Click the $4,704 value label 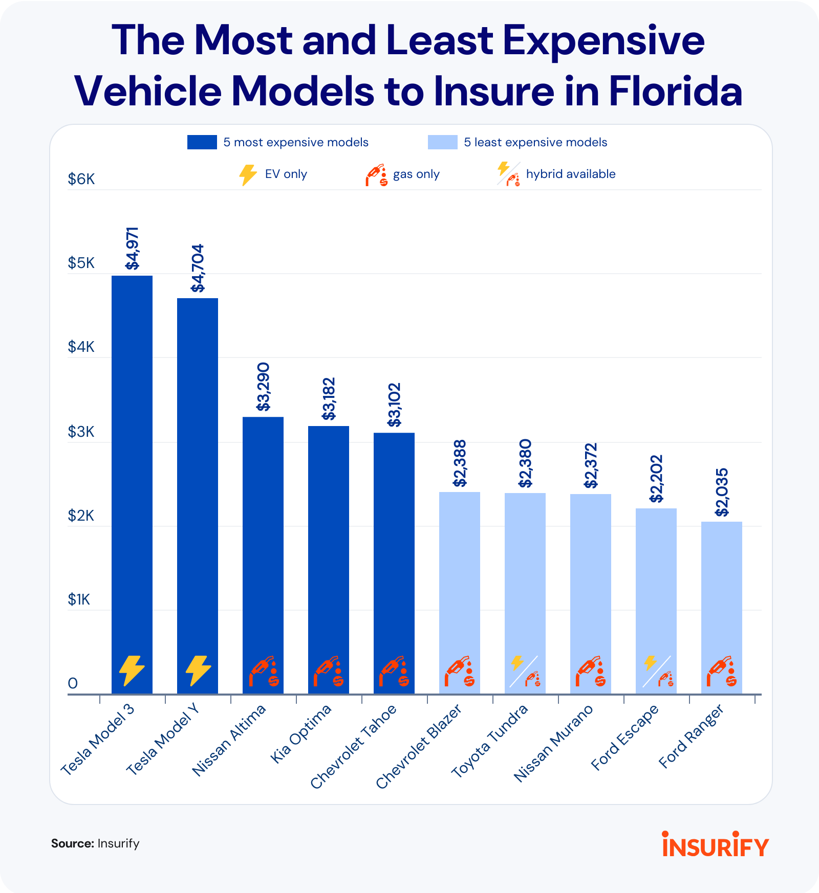tap(198, 268)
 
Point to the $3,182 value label tap(329, 399)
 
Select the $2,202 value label tap(656, 479)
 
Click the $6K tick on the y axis tap(81, 180)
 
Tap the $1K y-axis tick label tap(79, 599)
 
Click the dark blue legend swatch tap(202, 142)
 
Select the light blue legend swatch tap(443, 142)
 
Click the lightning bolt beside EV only tap(248, 174)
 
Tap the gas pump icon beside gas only tap(377, 175)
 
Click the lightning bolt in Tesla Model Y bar tap(198, 671)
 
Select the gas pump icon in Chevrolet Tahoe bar tap(394, 671)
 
